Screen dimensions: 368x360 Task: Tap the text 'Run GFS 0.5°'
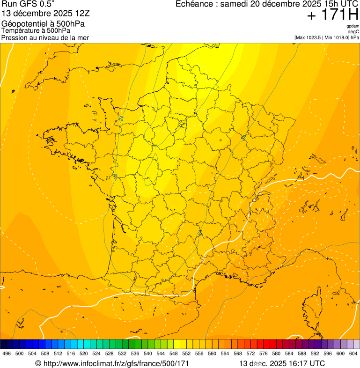click(28, 5)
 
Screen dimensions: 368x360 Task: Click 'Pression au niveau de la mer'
click(45, 37)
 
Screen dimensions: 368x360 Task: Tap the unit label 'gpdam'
click(353, 26)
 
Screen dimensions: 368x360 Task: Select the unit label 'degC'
click(353, 31)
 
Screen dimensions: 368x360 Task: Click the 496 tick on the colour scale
click(7, 354)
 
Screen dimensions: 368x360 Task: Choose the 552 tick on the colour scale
click(186, 354)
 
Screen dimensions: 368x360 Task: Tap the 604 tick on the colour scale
click(353, 354)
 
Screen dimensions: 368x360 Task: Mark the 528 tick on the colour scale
click(109, 354)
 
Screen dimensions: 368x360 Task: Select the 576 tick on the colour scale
click(264, 354)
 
